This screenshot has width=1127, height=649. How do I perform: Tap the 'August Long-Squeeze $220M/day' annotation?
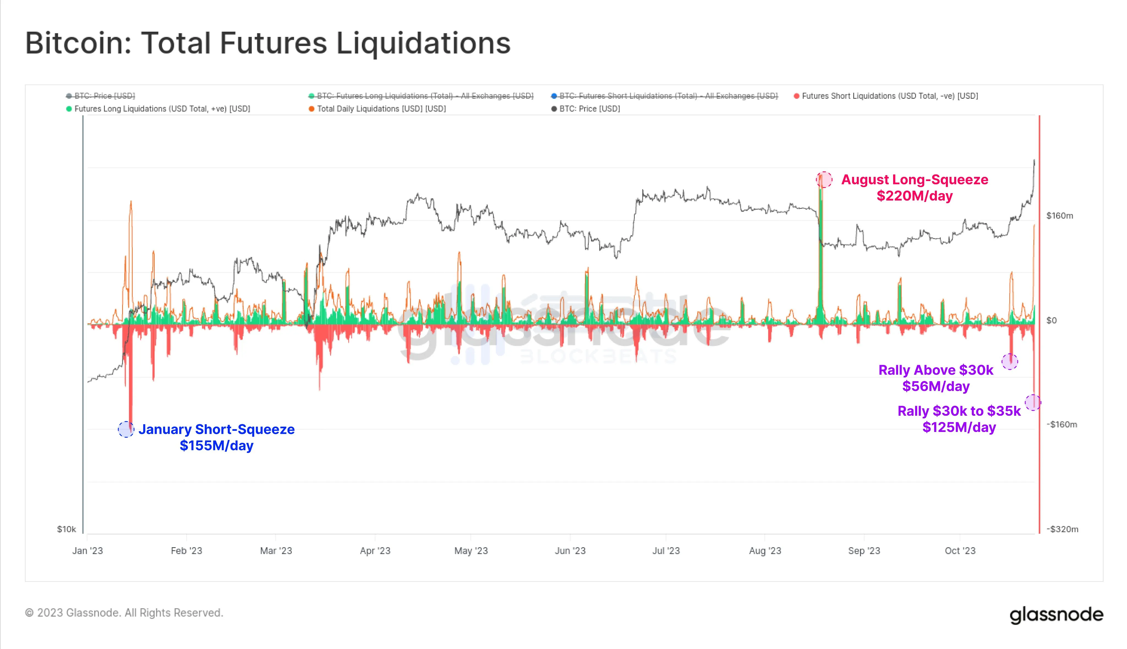coord(914,188)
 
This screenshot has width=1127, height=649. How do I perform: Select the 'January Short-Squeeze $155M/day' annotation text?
coord(217,437)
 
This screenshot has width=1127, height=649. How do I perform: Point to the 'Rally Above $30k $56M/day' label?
coord(936,378)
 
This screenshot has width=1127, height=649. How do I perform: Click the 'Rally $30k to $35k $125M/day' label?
coord(959,419)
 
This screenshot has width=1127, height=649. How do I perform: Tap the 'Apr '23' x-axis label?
coord(375,551)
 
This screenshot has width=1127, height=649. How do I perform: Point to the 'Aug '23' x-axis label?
coord(765,551)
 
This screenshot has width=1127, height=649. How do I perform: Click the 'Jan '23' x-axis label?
coord(87,551)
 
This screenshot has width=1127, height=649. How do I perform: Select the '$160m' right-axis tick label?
coord(1060,216)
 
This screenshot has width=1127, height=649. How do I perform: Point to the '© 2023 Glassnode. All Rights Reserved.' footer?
coord(124,613)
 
